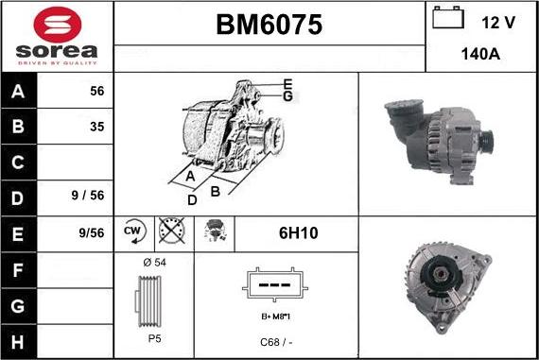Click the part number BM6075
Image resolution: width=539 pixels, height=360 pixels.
[x=269, y=26]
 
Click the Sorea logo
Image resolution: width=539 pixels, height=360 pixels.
[x=57, y=36]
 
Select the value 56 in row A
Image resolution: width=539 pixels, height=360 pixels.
[x=96, y=91]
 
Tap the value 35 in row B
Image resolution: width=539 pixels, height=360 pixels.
[x=96, y=126]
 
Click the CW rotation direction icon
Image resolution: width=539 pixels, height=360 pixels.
[x=132, y=231]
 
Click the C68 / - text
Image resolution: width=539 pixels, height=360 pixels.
[x=275, y=341]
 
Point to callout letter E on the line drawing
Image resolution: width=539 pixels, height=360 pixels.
[x=287, y=84]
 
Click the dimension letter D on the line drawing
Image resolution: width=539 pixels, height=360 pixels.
[x=192, y=199]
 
